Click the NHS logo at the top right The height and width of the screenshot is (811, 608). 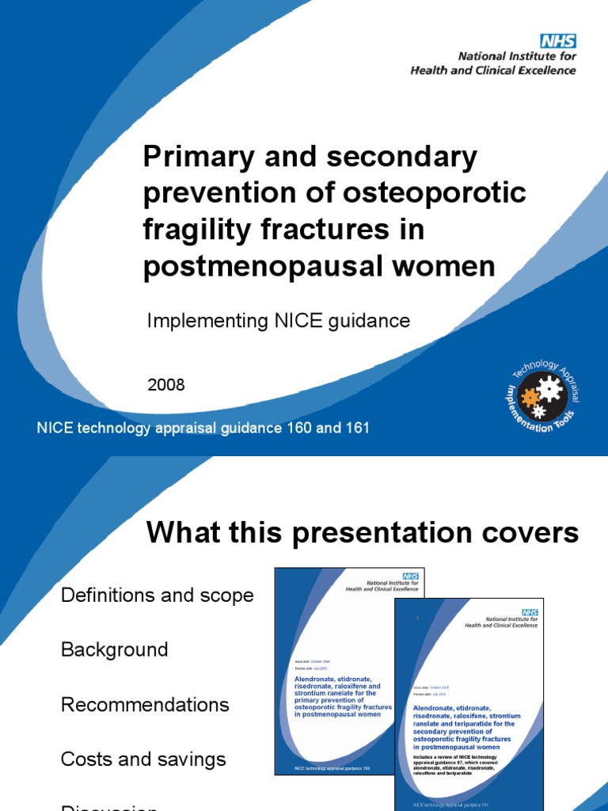point(557,41)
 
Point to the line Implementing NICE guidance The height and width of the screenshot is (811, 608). point(279,321)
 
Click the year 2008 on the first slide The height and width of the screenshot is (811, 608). point(166,385)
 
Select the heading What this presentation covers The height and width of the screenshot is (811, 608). point(363,534)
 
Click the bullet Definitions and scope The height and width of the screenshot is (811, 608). point(158,596)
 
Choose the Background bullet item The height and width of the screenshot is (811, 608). point(115,650)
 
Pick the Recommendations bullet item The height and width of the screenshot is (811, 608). point(145,705)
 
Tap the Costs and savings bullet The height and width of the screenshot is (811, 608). point(143,760)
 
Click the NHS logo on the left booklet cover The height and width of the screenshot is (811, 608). point(410,577)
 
